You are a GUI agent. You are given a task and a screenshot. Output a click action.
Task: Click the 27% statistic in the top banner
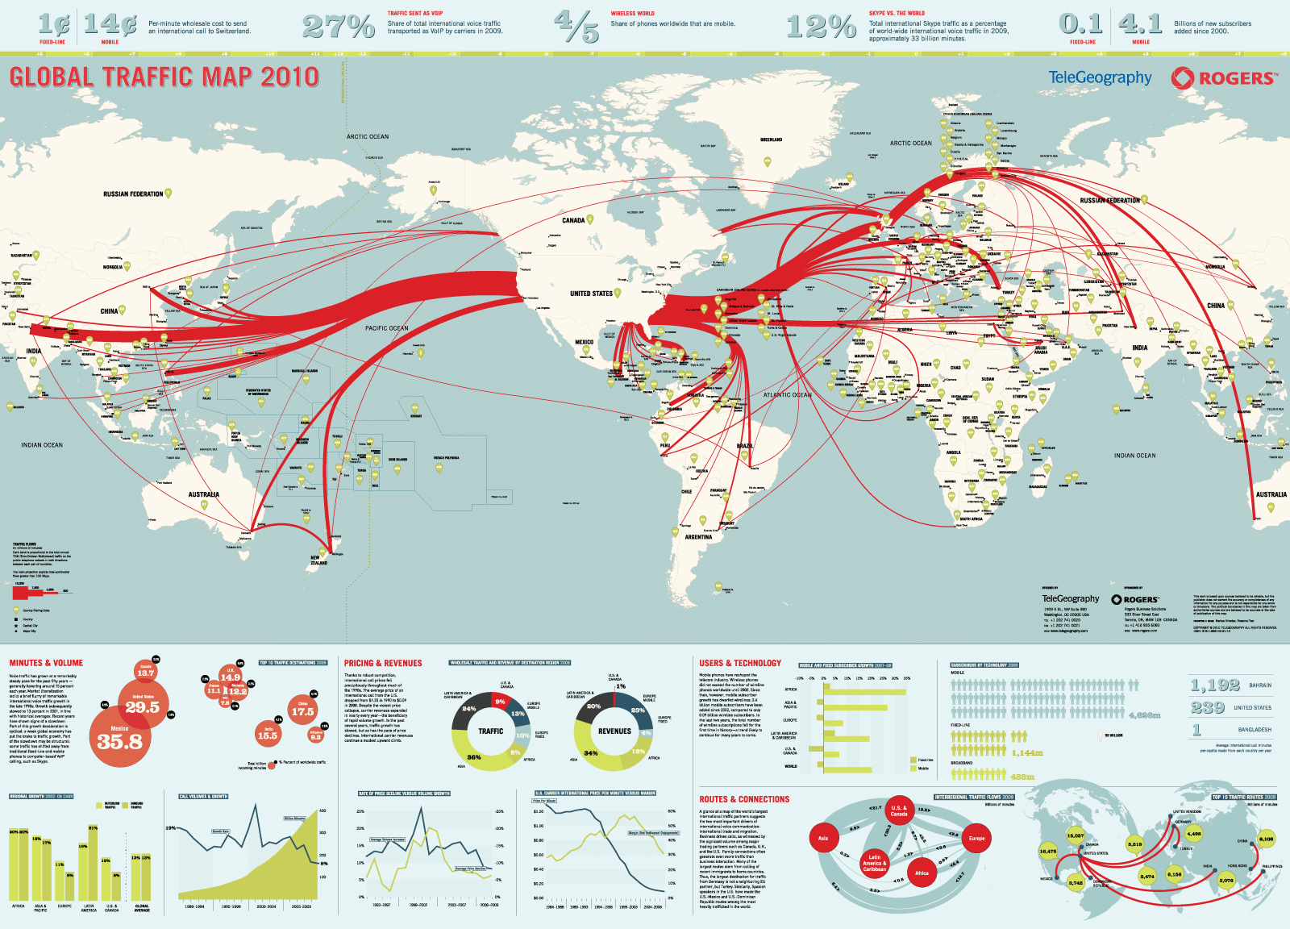coord(339,27)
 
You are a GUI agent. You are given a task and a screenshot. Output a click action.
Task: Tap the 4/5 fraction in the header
coord(577,27)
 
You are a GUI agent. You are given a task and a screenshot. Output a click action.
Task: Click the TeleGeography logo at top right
coord(1100,77)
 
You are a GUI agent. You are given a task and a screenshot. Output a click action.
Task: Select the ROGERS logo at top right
coord(1225,78)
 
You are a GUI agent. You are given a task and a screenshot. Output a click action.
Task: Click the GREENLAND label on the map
coord(771,140)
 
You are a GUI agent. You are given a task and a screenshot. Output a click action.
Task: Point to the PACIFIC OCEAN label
coord(386,328)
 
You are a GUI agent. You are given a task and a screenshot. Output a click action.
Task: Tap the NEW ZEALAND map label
coord(319,560)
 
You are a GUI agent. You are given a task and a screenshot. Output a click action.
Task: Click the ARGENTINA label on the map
coord(698,536)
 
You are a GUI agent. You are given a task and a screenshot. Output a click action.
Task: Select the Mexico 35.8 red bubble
coord(119,738)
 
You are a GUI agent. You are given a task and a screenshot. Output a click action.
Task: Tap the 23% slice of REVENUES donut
coord(639,710)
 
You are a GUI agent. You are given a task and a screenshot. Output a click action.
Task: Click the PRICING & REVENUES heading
coord(383,663)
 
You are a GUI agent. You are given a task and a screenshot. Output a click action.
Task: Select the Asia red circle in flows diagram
coord(823,838)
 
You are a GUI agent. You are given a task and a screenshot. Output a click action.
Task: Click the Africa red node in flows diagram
coord(922,873)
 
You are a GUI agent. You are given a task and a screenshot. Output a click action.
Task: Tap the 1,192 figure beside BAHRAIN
coord(1215,685)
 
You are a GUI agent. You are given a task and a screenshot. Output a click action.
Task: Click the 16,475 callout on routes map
coord(1047,851)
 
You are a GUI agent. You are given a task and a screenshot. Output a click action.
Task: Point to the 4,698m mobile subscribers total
coord(1144,714)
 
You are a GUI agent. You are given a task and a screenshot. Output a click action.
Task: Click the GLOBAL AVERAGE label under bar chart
coord(141,908)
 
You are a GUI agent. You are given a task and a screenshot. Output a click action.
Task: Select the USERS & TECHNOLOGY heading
coord(739,663)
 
